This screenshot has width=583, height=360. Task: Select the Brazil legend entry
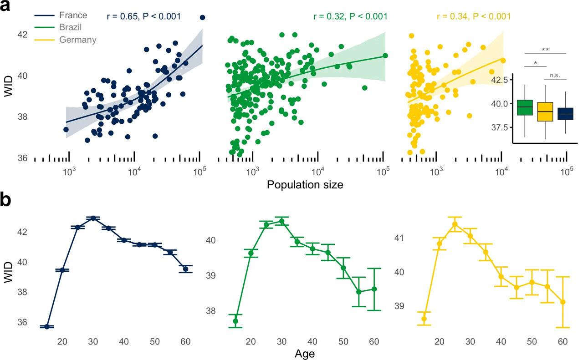71,28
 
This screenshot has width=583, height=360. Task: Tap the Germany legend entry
78,40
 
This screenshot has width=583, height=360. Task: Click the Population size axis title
305,185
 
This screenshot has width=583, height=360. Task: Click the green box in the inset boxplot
525,107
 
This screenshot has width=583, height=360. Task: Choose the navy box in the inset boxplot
565,114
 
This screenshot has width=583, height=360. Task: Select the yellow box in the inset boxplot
545,112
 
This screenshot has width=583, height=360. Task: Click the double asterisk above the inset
545,49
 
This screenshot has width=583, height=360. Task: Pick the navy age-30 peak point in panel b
93,218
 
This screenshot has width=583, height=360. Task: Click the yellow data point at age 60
563,302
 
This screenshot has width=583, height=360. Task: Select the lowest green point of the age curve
235,321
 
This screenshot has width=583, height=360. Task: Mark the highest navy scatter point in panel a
203,17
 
